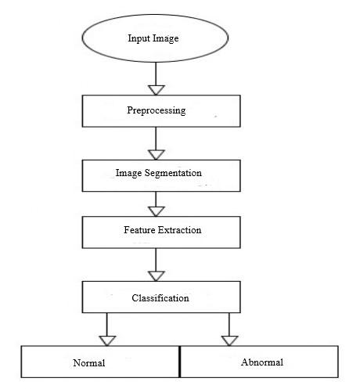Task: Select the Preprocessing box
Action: (x=161, y=111)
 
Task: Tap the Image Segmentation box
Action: (x=161, y=175)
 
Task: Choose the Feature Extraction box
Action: (x=161, y=232)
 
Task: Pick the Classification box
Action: (x=161, y=297)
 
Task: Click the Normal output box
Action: (x=100, y=362)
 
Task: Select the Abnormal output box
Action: (x=259, y=362)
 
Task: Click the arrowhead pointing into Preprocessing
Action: (x=156, y=90)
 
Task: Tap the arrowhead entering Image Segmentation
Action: (x=156, y=155)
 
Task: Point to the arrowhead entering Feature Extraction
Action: (x=156, y=211)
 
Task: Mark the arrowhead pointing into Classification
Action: (x=156, y=276)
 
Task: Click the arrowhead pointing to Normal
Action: (x=107, y=340)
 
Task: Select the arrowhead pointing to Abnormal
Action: (x=229, y=340)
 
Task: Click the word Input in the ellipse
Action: (x=139, y=38)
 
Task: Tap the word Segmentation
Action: (x=173, y=173)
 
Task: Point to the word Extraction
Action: (x=180, y=230)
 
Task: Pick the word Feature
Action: (x=139, y=230)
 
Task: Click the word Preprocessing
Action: (x=157, y=110)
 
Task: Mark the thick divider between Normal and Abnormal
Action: (x=180, y=362)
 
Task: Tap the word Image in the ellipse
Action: (x=166, y=38)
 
